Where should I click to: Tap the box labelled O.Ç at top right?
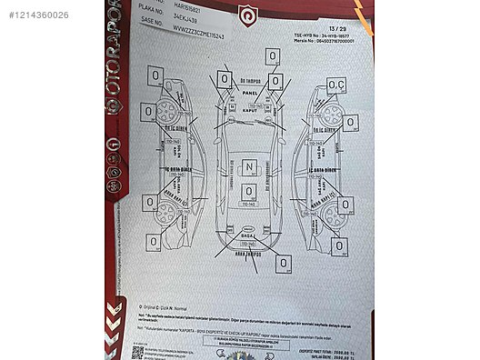336,85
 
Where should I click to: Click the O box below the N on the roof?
248,191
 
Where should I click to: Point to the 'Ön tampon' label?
251,81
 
